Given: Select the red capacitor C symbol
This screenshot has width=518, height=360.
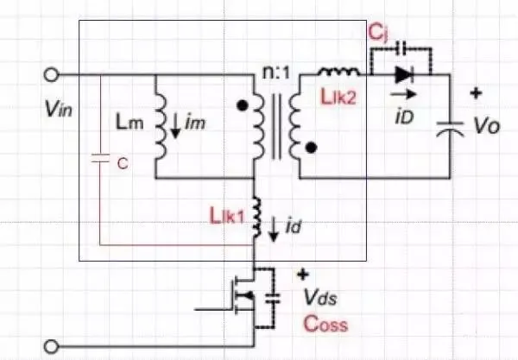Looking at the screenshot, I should [x=101, y=161].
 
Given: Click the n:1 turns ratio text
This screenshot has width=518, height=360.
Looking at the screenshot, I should [x=274, y=63].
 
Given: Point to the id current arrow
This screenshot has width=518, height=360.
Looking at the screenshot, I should [x=274, y=229].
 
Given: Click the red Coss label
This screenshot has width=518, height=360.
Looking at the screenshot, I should [x=325, y=325].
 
